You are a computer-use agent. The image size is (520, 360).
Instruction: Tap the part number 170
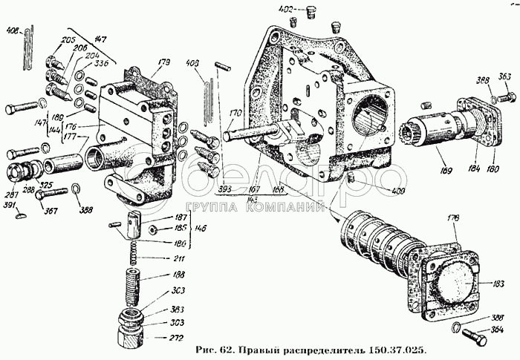pyautogui.click(x=235, y=114)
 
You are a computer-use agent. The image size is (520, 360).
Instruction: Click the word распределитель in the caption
pyautogui.click(x=328, y=349)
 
